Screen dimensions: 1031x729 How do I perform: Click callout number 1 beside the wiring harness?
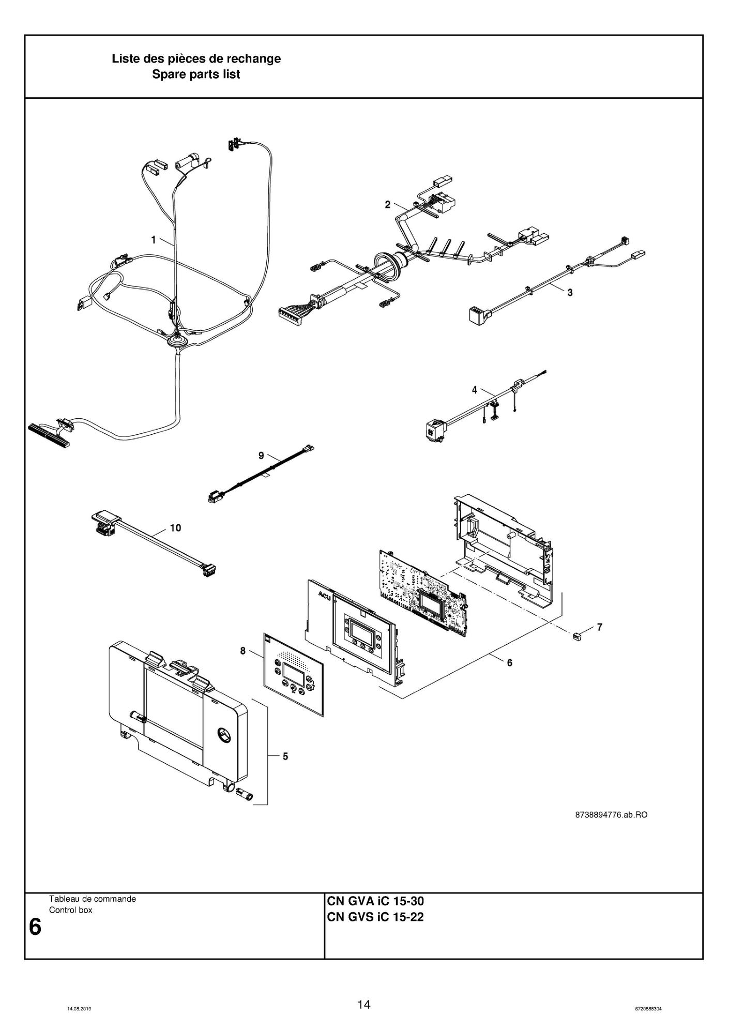(x=154, y=239)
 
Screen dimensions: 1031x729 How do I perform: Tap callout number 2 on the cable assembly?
(x=388, y=205)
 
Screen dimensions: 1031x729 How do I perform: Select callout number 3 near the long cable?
(x=570, y=292)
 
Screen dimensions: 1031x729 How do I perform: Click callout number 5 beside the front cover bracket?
(x=285, y=756)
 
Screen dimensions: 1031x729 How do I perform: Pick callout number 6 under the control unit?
(x=509, y=662)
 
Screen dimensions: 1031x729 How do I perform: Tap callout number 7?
(x=599, y=627)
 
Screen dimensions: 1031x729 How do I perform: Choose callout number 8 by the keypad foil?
(x=243, y=651)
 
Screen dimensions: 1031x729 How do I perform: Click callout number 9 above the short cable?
(x=261, y=455)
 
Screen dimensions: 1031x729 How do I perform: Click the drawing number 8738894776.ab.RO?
(x=611, y=815)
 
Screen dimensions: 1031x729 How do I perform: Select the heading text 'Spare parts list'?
(x=196, y=74)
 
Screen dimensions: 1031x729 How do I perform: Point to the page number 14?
(x=364, y=1005)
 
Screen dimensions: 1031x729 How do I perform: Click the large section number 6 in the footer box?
(x=35, y=927)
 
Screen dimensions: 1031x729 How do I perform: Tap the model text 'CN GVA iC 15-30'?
(x=375, y=901)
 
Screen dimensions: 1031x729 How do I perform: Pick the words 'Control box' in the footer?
(x=70, y=910)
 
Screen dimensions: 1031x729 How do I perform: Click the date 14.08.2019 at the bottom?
(x=80, y=1009)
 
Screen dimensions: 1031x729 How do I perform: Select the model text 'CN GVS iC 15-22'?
(x=375, y=918)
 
